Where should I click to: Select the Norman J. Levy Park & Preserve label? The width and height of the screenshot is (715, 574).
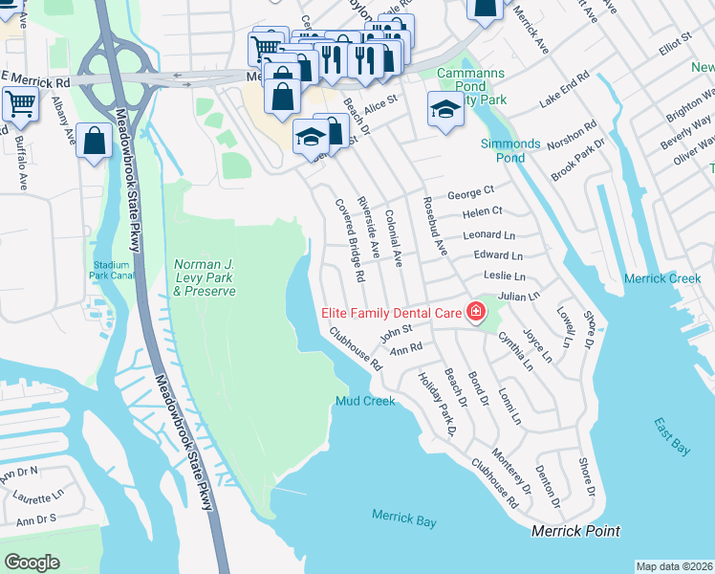tap(205, 277)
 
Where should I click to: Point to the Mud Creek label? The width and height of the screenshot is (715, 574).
tap(365, 401)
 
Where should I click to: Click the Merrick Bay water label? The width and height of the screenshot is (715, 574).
tap(403, 518)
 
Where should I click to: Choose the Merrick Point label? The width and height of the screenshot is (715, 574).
tap(575, 531)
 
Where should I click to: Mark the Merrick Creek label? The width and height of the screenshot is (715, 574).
tap(662, 278)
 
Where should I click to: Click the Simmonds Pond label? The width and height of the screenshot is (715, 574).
tap(509, 150)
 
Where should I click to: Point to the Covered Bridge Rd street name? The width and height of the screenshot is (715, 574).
tap(349, 239)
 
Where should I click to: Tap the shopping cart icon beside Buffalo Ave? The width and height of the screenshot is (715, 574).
tap(19, 103)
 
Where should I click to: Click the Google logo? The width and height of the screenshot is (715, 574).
tap(32, 563)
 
